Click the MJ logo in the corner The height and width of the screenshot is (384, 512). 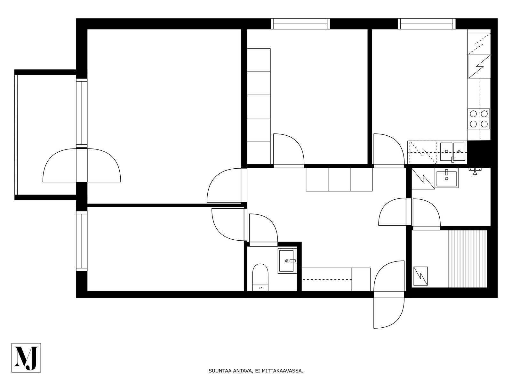point(26,358)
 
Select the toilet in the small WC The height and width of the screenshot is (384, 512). point(260,277)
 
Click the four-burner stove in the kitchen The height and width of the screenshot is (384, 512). point(479,119)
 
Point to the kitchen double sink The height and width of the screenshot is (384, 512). point(453,152)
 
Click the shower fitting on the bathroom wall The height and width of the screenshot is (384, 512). point(475,171)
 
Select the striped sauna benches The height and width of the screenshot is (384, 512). point(468,259)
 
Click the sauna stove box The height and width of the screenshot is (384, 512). point(420,276)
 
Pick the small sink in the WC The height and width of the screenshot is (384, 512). point(287,261)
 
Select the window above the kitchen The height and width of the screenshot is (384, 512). point(427,24)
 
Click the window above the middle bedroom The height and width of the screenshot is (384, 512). point(300,24)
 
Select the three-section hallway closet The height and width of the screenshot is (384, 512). point(339,180)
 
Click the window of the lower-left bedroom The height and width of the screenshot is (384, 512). point(82,241)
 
